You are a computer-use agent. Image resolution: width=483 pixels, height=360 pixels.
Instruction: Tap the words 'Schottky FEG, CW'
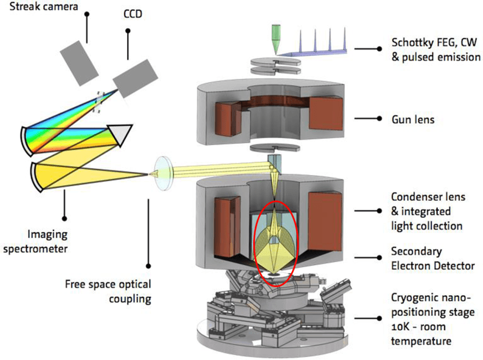(432, 42)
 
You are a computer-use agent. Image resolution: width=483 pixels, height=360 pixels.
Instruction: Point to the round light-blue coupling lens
(163, 173)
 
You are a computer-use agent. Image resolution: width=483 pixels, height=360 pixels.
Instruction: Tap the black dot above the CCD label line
(127, 30)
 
